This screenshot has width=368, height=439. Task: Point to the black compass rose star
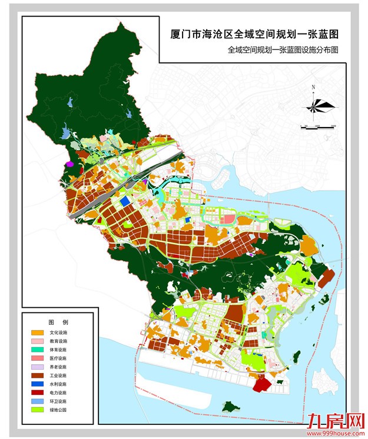pyautogui.click(x=317, y=106)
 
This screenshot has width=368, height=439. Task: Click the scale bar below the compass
pyautogui.click(x=317, y=125)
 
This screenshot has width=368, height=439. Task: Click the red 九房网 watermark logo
pyautogui.click(x=334, y=420)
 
